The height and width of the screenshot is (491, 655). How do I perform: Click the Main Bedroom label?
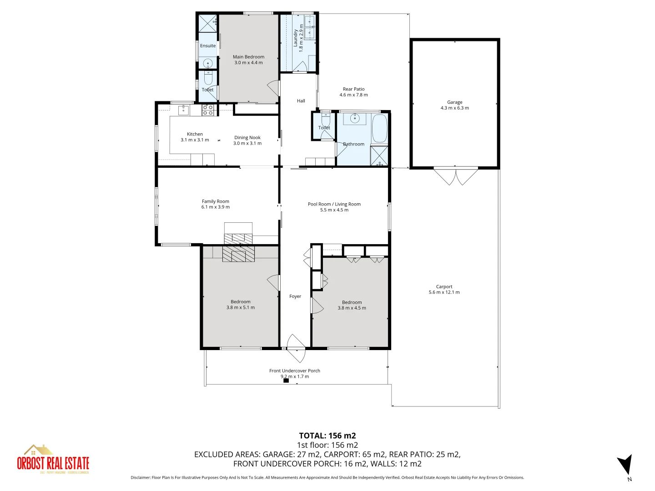coord(248,57)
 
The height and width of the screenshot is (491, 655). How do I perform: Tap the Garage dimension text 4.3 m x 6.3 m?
coord(454,108)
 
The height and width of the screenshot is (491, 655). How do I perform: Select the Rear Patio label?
coord(353,89)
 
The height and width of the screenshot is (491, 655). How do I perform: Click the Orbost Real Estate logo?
coord(53,460)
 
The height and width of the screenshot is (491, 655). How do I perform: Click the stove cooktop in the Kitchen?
coord(208,110)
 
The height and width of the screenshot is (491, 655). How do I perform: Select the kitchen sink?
coord(184,110)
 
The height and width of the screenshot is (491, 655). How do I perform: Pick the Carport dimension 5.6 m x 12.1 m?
coord(444,292)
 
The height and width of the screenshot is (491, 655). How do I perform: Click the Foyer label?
coord(295,296)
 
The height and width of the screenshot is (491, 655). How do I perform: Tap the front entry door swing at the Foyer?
coord(296,342)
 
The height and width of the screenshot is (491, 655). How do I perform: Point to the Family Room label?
coord(216,201)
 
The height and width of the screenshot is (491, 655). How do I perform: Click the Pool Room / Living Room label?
coord(334,204)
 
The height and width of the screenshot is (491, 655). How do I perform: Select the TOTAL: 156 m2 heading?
coord(327,436)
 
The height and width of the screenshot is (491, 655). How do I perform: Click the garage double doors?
coord(455,176)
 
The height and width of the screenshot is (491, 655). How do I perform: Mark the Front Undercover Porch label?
coord(294,371)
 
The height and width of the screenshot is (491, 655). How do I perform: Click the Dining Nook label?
coord(247,137)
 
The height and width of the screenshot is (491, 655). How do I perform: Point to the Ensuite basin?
coord(208,63)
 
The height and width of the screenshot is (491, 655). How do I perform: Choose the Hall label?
coord(301,101)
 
